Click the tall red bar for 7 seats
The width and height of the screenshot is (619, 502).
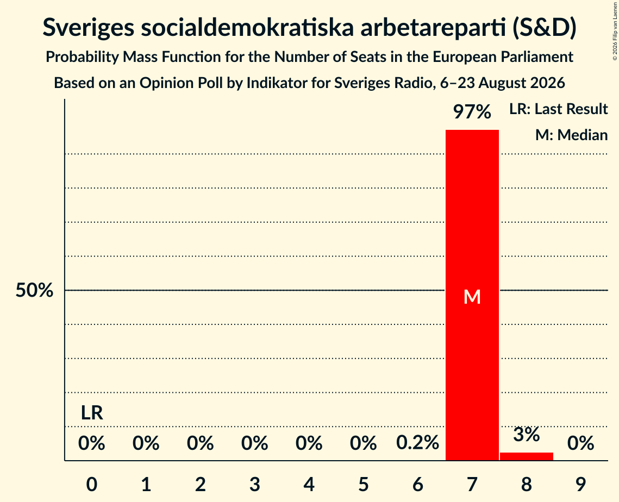click(x=472, y=295)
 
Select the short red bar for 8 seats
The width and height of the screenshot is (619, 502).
click(x=527, y=456)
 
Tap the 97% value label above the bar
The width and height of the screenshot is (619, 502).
click(x=472, y=112)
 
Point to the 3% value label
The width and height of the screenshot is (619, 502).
click(x=527, y=435)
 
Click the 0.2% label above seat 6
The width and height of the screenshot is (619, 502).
click(x=418, y=443)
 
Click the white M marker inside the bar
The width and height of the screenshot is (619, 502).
click(x=472, y=297)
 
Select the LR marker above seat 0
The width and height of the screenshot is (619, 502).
click(x=92, y=413)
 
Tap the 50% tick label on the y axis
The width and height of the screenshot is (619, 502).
click(x=34, y=291)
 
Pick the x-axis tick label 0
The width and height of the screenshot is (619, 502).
click(x=92, y=484)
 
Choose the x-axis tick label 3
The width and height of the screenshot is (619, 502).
click(x=255, y=484)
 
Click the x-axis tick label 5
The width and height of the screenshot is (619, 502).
click(x=364, y=484)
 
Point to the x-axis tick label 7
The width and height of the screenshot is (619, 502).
click(x=472, y=484)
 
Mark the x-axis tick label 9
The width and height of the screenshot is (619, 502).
click(x=581, y=484)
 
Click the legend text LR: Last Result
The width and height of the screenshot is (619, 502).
click(x=559, y=109)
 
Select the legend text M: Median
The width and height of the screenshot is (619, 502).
click(x=572, y=135)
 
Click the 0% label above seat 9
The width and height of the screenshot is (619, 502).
click(x=581, y=443)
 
